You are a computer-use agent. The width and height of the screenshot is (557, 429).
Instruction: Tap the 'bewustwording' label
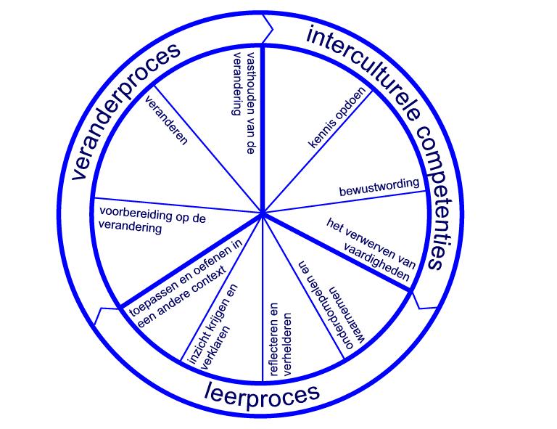pyautogui.click(x=379, y=187)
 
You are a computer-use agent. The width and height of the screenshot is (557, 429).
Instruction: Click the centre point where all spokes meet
pyautogui.click(x=262, y=214)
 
